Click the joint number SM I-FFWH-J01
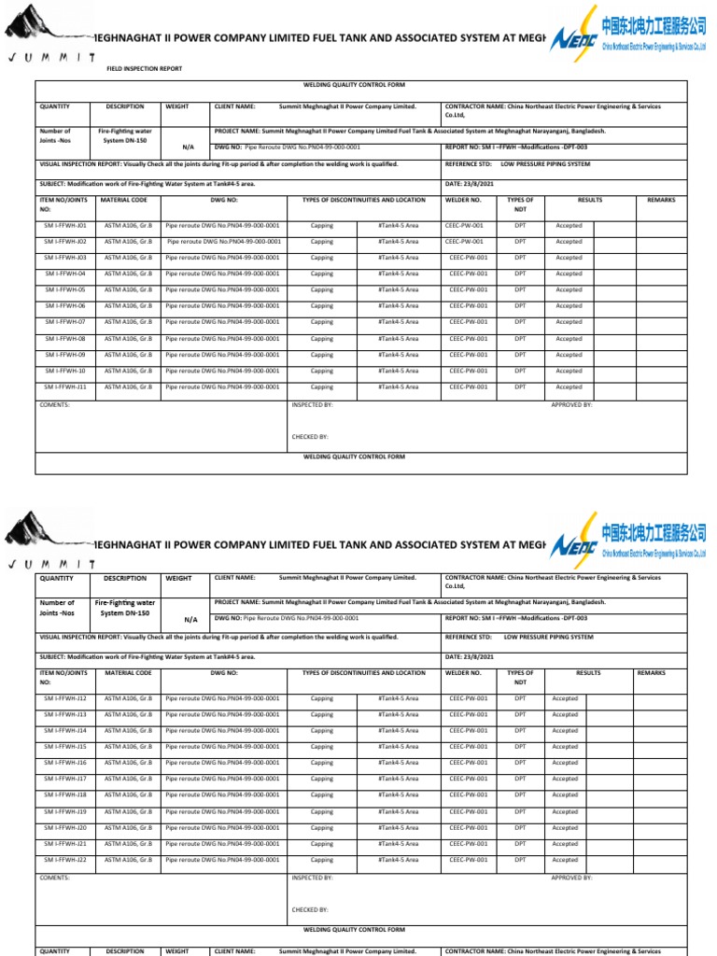65,226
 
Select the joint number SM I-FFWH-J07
65,322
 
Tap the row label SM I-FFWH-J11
65,387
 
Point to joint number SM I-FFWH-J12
65,698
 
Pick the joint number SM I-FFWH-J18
65,795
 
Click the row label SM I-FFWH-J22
65,860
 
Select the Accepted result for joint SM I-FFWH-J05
569,290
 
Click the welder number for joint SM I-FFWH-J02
465,242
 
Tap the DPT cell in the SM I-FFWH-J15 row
520,747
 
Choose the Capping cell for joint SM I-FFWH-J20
321,828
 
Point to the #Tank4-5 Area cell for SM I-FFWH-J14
399,731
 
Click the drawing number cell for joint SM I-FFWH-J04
222,274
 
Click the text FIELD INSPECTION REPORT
145,69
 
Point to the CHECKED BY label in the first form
310,436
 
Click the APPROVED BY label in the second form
571,878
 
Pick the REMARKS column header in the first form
661,201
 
